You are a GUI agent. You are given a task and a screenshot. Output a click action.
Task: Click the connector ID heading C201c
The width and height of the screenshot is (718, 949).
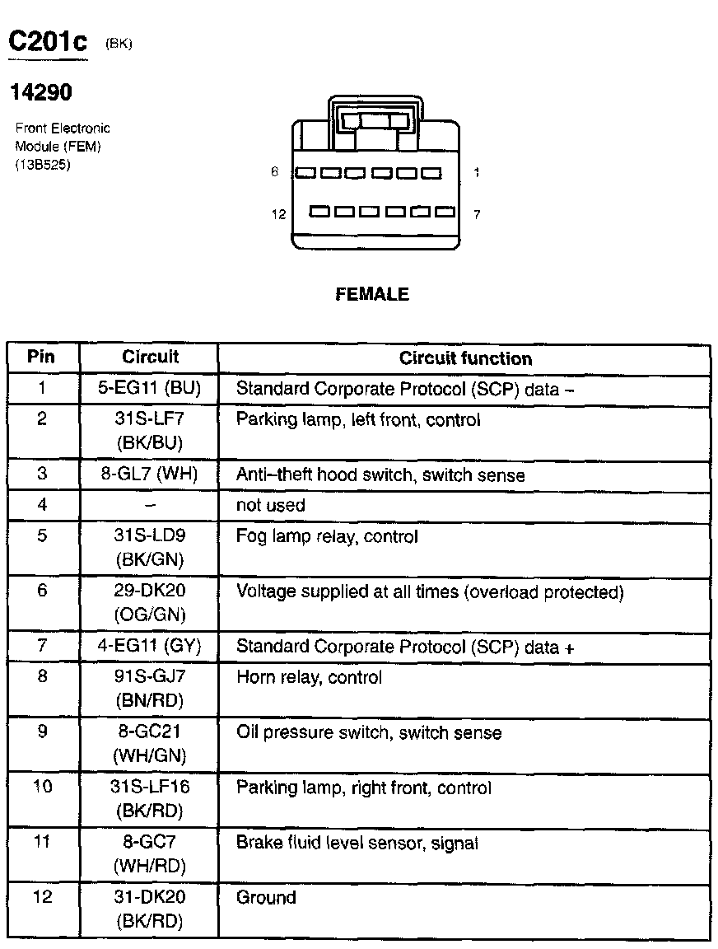click(x=47, y=42)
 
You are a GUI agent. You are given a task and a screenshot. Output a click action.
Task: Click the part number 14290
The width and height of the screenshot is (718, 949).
click(x=40, y=93)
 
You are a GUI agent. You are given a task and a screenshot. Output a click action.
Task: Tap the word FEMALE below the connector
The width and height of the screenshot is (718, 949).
click(x=372, y=294)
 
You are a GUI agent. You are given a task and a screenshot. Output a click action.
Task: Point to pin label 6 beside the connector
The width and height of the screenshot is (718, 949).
click(x=275, y=172)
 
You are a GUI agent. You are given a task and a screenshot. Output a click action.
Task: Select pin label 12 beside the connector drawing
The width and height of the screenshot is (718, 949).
click(x=278, y=214)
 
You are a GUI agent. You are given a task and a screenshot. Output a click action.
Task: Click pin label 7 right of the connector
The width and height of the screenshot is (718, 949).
click(x=477, y=214)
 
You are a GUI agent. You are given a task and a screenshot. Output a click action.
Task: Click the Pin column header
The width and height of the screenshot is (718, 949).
click(x=41, y=358)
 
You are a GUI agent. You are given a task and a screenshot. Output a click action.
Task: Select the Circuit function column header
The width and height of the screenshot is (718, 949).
click(x=465, y=358)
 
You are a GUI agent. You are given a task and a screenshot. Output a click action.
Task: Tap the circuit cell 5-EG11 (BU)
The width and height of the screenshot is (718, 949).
click(x=149, y=388)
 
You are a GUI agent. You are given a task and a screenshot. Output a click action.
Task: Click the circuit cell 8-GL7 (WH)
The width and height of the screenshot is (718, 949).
click(x=149, y=474)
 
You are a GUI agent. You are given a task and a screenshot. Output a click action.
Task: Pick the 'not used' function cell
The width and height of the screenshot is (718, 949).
click(x=270, y=505)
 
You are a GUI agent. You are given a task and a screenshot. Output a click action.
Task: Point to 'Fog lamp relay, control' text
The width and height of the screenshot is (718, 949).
click(x=327, y=536)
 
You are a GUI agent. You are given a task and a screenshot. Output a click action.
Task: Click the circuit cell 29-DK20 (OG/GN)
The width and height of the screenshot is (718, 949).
click(x=149, y=602)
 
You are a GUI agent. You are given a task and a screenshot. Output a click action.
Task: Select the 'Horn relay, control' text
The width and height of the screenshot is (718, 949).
click(x=309, y=678)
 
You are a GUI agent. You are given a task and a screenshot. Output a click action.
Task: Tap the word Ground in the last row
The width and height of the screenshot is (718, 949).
click(x=266, y=897)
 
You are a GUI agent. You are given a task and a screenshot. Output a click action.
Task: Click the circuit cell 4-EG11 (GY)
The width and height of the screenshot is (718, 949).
click(x=149, y=647)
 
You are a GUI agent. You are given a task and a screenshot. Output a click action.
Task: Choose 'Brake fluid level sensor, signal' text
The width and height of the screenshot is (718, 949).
click(x=357, y=843)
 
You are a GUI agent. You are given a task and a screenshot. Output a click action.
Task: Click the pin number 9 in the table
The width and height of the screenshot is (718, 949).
click(x=42, y=732)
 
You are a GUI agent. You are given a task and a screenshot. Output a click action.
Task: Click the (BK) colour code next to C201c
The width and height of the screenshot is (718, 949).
click(x=119, y=44)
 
